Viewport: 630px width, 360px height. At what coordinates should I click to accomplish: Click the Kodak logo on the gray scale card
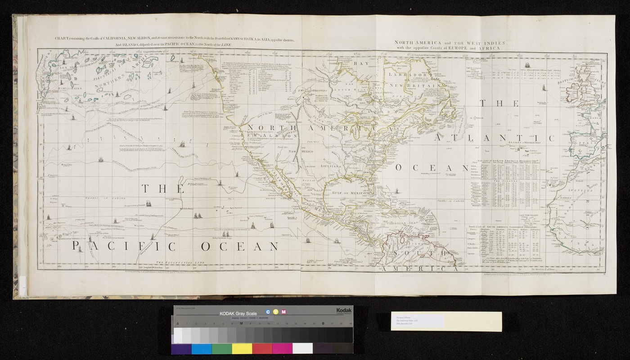pos(342,311)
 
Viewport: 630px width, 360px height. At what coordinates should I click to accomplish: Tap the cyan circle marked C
pos(268,311)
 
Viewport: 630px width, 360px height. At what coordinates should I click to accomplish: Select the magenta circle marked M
pos(283,311)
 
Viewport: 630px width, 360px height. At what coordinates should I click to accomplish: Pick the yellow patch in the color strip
pos(242,349)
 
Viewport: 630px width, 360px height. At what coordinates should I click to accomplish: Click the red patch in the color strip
pos(262,349)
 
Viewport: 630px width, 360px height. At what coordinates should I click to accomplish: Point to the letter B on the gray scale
pos(323,323)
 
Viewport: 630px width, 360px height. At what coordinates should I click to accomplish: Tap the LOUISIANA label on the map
pos(332,166)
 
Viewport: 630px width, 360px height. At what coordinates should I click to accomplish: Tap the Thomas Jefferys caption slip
pos(416,322)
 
